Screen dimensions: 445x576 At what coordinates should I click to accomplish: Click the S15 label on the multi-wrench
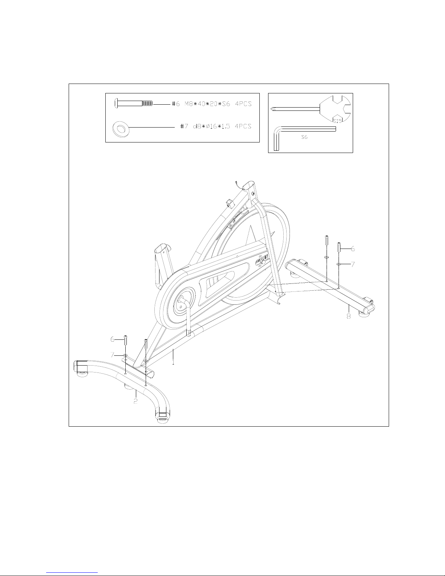tap(337, 120)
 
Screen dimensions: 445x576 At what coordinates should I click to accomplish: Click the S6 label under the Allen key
tap(304, 138)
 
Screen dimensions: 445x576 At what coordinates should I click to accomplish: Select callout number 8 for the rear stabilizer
tap(349, 316)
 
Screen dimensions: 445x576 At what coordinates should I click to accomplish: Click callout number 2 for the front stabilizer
tap(135, 402)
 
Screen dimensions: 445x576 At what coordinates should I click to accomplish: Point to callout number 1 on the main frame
tap(173, 362)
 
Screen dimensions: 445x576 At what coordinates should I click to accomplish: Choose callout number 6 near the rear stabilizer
tap(353, 249)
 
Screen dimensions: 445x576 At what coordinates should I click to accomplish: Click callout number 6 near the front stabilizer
tap(113, 339)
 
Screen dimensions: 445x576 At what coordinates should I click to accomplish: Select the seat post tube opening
tap(161, 250)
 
